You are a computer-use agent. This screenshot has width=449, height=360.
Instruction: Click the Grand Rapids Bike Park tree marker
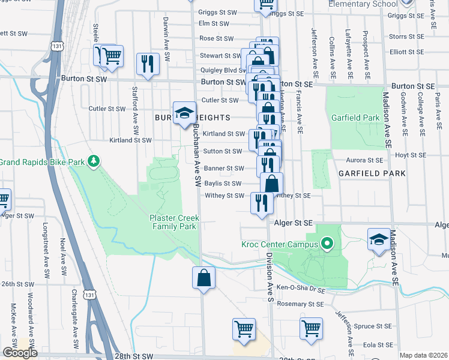click(93, 161)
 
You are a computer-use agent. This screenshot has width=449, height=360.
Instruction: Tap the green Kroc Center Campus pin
click(327, 244)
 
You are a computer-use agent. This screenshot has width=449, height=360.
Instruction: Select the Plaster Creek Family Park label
click(173, 222)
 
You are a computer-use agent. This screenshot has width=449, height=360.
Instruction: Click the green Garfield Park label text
click(355, 118)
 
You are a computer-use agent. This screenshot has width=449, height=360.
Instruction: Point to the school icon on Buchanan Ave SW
click(184, 113)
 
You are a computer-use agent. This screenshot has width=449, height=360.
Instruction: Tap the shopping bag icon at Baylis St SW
click(272, 183)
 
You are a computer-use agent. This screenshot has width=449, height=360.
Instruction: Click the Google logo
click(20, 352)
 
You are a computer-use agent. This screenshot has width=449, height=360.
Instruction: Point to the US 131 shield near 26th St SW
click(89, 295)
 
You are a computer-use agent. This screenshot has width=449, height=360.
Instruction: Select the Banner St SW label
click(223, 168)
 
